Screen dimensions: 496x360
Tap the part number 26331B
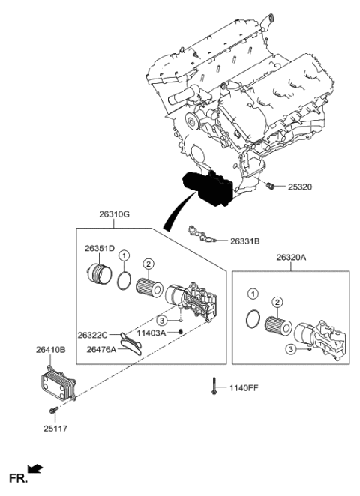(244, 241)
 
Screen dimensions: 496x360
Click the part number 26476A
(101, 348)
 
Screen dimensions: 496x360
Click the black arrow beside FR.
(35, 470)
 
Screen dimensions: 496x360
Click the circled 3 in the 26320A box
(288, 348)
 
